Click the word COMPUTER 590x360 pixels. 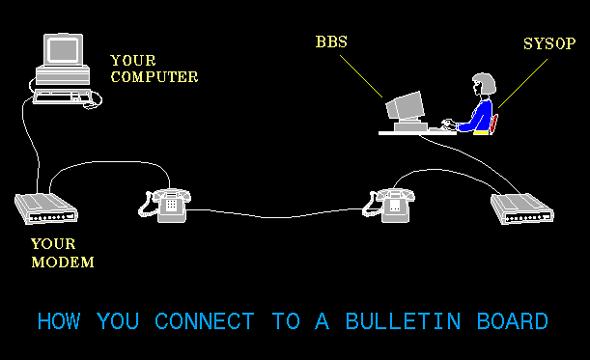tap(155, 75)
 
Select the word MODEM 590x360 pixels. tap(63, 261)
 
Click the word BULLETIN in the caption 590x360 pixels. tap(386, 321)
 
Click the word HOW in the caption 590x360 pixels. tap(59, 321)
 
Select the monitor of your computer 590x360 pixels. tap(65, 52)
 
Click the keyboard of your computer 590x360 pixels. tap(64, 96)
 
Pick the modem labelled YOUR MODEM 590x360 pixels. tap(45, 208)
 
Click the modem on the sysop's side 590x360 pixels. tap(522, 208)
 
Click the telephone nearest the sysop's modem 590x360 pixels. tap(390, 203)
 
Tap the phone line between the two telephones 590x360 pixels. tap(280, 212)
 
